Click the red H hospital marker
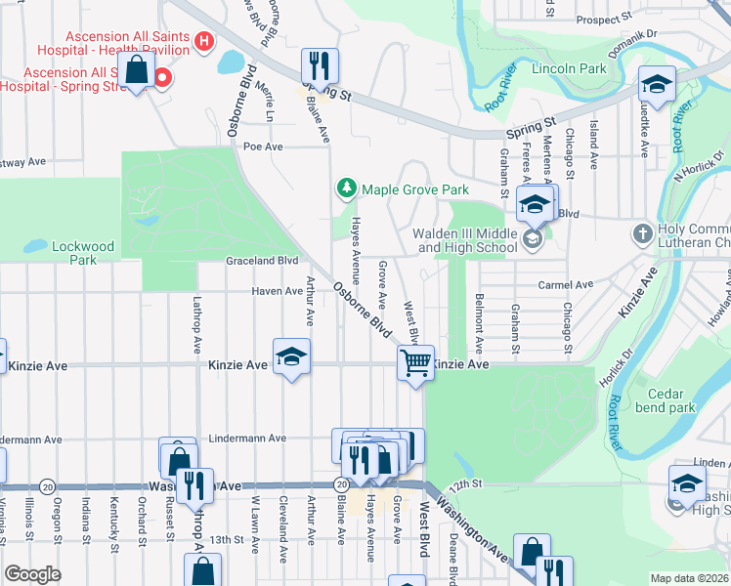pos(204,41)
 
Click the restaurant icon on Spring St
pos(319,65)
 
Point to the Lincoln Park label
pos(569,69)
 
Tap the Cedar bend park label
pos(664,400)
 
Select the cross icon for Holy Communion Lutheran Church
pos(642,233)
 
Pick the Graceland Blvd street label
pos(262,262)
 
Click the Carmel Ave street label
pos(566,285)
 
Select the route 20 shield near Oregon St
pos(46,485)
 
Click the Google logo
pos(33,574)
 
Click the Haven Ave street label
pos(277,291)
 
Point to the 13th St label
pos(225,539)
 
